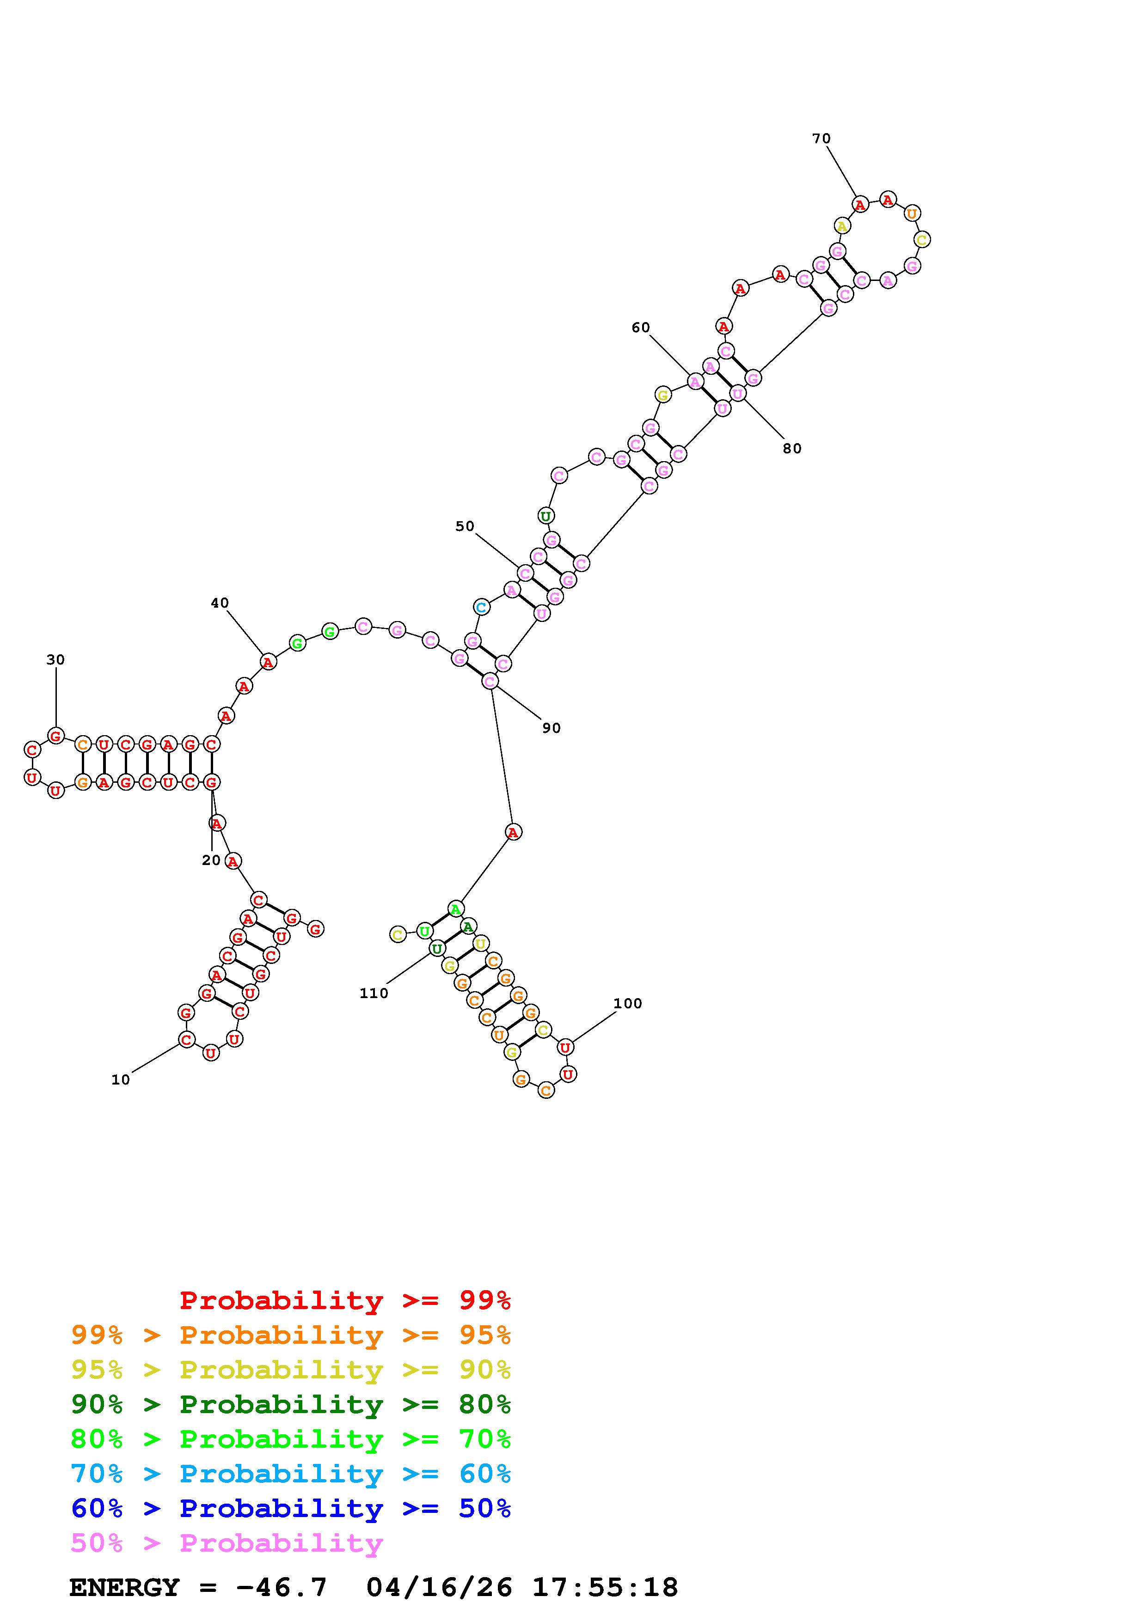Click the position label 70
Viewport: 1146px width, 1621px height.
click(x=821, y=139)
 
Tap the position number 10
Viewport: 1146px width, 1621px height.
click(x=121, y=1079)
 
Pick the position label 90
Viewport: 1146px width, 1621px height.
click(x=552, y=728)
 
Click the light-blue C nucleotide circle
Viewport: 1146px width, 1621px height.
click(x=481, y=606)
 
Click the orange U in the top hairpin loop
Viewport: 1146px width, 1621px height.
click(x=912, y=213)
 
